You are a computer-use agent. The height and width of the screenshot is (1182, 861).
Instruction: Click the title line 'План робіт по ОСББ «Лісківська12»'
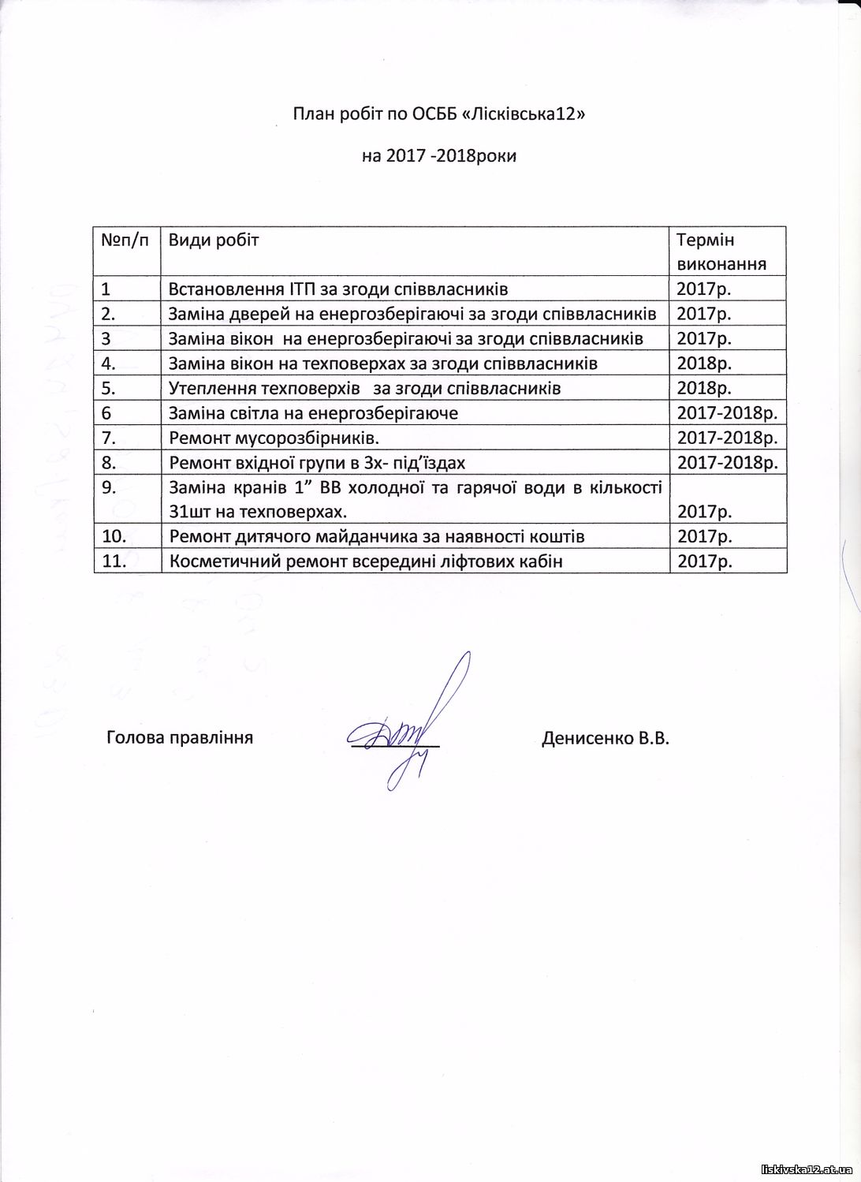tap(440, 114)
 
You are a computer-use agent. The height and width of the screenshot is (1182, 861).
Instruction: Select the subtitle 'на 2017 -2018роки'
tap(439, 155)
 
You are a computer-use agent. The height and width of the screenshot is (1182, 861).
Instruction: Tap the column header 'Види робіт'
tap(214, 240)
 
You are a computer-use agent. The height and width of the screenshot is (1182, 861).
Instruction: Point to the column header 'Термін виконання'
tap(721, 252)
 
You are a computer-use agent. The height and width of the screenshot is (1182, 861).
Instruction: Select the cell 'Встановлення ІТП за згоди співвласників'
tap(338, 288)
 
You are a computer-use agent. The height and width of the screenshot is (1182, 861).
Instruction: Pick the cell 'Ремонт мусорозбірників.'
tap(279, 438)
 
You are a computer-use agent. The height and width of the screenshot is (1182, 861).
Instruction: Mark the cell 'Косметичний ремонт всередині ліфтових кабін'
tap(366, 561)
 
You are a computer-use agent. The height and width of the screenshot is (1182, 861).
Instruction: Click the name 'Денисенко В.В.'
tap(605, 738)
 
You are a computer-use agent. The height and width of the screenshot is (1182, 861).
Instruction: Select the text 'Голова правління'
tap(180, 738)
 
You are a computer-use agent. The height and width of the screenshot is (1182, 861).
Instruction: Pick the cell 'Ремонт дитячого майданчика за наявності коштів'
tap(377, 536)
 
